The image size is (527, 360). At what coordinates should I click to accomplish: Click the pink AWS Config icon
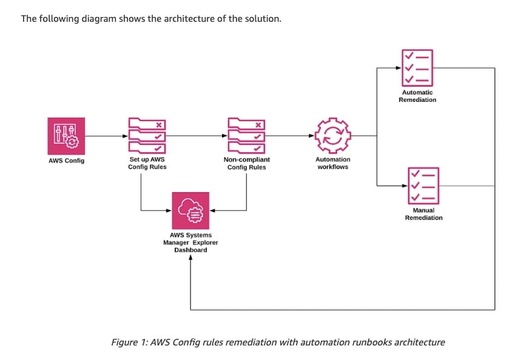point(66,136)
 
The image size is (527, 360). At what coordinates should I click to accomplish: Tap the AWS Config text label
point(66,161)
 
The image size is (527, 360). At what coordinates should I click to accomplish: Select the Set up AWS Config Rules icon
point(147,136)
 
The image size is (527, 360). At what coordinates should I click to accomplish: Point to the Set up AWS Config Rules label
point(147,163)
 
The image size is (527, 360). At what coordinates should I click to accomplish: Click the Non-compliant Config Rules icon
point(246,136)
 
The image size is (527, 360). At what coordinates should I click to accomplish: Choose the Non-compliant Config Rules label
point(246,163)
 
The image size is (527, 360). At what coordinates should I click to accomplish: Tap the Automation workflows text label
point(333,163)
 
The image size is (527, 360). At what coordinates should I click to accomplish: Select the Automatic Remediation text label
point(417,96)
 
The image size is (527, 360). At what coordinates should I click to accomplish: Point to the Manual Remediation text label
point(423,214)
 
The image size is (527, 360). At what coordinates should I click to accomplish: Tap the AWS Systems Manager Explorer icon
point(190,210)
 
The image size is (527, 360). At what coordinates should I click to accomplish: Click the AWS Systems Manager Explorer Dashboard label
point(190,242)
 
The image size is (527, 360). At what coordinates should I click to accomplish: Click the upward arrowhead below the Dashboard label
point(190,258)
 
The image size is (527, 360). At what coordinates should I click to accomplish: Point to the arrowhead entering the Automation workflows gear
point(313,136)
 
